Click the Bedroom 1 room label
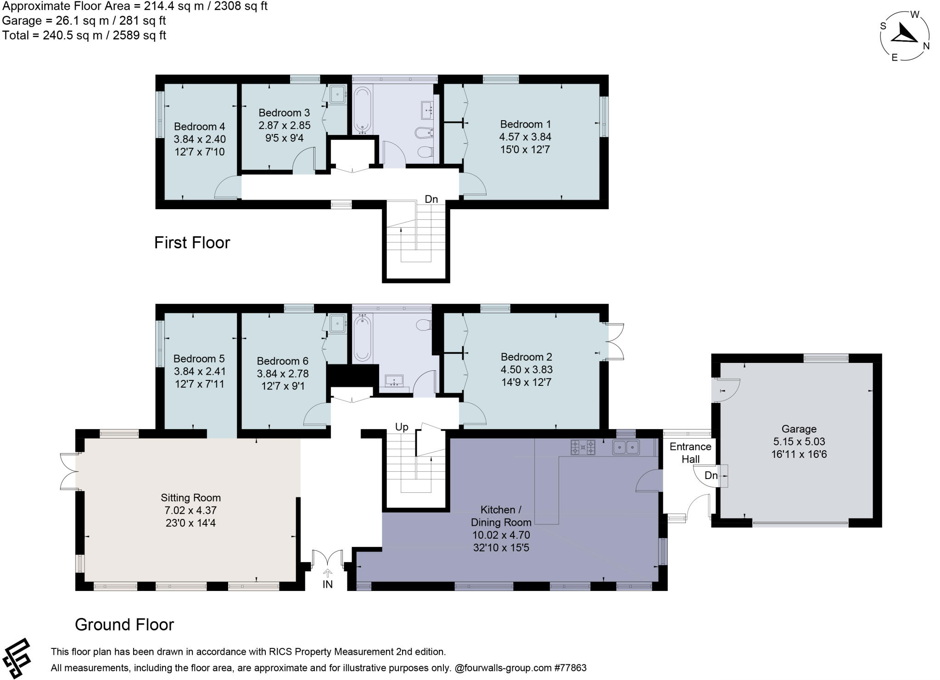(526, 124)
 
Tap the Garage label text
(799, 429)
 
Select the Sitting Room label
(190, 498)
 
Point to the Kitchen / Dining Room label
(501, 516)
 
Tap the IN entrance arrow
(328, 573)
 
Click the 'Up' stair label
(402, 427)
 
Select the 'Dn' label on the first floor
(431, 199)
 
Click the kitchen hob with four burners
(583, 447)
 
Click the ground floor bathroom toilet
(424, 325)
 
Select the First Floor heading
(192, 242)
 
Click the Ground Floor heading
(124, 624)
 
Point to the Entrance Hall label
(690, 453)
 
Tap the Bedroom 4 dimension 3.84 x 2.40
(200, 139)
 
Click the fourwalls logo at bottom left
(17, 658)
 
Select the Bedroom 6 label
(283, 361)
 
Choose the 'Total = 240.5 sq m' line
(84, 35)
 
